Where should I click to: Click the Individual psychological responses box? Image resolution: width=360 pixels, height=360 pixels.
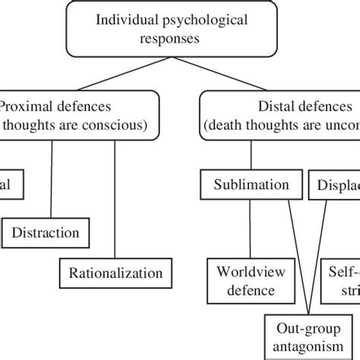pyautogui.click(x=180, y=30)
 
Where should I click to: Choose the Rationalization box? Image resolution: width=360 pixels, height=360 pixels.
pyautogui.click(x=115, y=272)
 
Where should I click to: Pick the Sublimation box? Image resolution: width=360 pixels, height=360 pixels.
pyautogui.click(x=251, y=185)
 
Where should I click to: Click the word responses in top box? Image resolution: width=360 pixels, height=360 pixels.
pyautogui.click(x=180, y=38)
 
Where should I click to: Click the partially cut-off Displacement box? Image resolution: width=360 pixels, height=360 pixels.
pyautogui.click(x=334, y=185)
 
